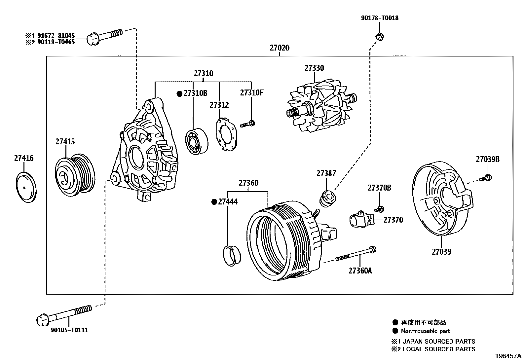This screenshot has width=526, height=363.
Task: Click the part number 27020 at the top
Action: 279,48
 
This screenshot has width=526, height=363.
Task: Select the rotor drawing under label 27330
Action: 319,107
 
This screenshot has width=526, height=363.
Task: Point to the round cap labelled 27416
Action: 26,187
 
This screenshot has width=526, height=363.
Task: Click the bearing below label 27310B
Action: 197,141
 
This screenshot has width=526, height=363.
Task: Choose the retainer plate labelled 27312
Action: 227,135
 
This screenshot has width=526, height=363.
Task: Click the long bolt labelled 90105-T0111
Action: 63,314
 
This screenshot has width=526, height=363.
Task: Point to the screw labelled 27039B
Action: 487,178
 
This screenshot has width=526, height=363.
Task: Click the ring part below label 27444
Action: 232,255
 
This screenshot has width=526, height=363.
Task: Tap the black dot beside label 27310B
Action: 179,94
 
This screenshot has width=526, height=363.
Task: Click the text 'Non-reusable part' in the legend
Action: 425,331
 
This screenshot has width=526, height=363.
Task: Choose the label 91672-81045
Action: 56,35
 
